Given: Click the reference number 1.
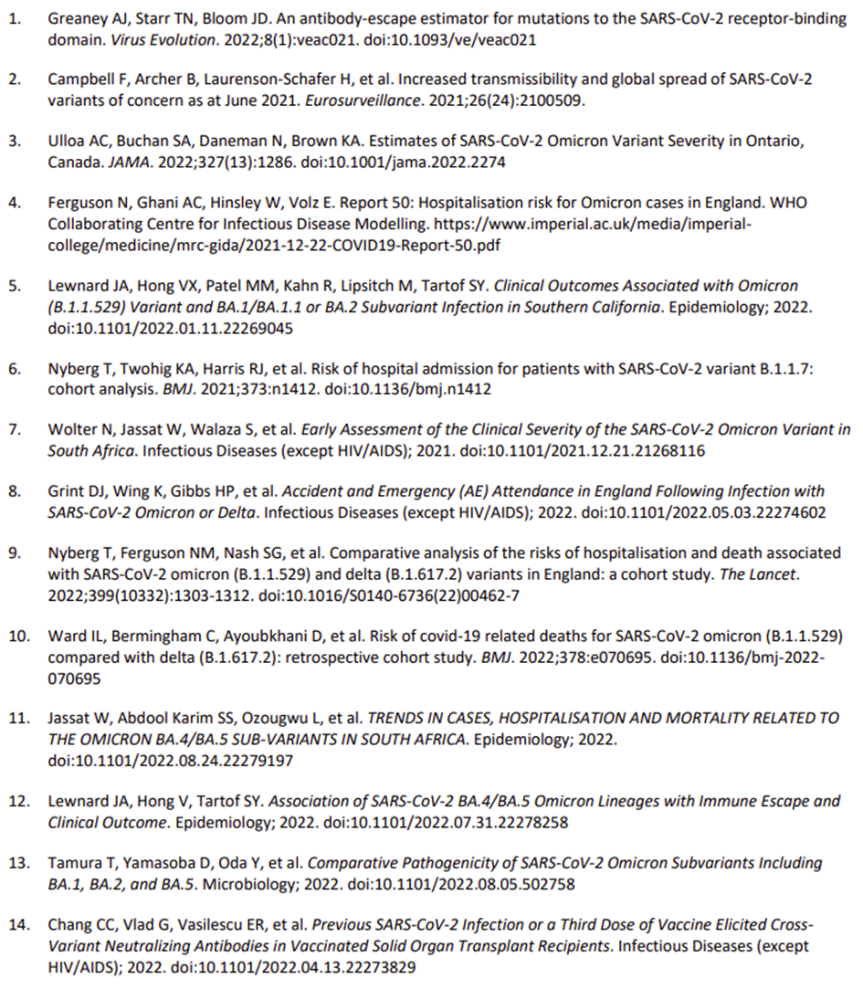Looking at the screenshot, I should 14,19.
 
